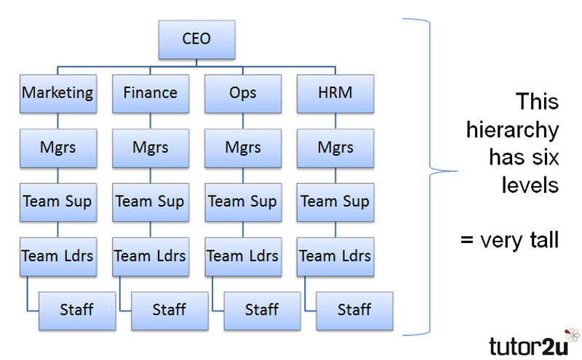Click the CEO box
point(196,39)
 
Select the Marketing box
point(58,94)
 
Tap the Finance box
point(151,94)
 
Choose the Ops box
point(243,94)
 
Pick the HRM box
point(335,94)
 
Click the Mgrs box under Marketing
point(58,148)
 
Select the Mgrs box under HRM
point(335,148)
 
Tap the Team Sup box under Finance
point(151,202)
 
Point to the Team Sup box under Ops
point(243,202)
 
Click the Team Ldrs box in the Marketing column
point(58,257)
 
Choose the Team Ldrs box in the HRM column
point(335,257)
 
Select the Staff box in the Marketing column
point(77,311)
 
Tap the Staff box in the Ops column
point(262,311)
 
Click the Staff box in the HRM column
point(354,311)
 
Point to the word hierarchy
point(513,131)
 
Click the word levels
point(530,185)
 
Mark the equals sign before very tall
point(467,240)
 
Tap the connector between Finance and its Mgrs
point(151,121)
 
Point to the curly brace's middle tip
point(457,171)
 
